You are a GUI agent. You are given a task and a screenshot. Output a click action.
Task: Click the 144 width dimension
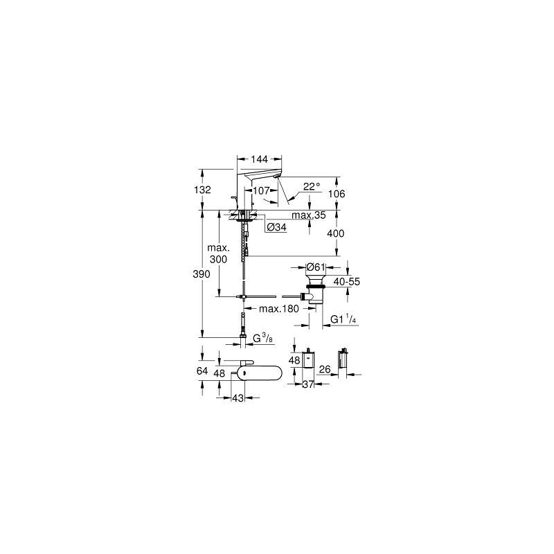[259, 159]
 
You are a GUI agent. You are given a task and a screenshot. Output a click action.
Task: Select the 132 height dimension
[202, 190]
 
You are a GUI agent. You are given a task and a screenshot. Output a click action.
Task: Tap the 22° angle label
[311, 186]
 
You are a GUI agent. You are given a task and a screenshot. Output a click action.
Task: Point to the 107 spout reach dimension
[262, 191]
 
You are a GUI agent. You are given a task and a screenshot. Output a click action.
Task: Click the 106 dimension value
[337, 194]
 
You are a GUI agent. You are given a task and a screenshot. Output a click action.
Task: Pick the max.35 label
[309, 215]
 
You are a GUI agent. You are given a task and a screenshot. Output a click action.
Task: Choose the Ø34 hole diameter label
[276, 227]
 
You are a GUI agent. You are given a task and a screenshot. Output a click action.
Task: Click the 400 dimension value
[336, 233]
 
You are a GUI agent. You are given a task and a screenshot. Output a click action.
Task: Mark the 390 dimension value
[202, 274]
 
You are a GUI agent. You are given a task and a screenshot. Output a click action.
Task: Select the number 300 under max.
[218, 259]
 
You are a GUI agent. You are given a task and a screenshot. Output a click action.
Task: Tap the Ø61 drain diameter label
[316, 267]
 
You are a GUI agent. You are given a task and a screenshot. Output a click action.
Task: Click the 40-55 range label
[347, 282]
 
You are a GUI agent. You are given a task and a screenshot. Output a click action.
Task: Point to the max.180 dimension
[279, 309]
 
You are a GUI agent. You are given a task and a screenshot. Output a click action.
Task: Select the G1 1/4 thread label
[343, 319]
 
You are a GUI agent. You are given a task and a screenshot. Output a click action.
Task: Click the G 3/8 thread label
[263, 339]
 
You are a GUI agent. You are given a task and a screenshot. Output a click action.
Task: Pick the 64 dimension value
[202, 371]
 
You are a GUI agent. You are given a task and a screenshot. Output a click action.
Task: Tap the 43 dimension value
[238, 397]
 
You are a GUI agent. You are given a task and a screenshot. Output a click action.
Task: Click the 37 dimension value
[308, 384]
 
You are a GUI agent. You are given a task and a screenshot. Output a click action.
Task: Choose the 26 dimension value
[325, 370]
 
